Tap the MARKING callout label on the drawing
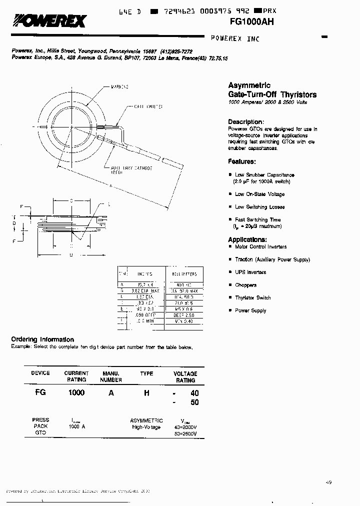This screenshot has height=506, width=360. [119, 87]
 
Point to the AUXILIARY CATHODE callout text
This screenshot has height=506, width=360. [131, 168]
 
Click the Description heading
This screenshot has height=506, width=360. [245, 122]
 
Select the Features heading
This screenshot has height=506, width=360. [242, 161]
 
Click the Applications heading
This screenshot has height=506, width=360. [247, 239]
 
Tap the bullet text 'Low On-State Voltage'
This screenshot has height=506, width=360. [259, 194]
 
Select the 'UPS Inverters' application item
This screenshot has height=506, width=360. [250, 272]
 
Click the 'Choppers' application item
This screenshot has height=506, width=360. [245, 285]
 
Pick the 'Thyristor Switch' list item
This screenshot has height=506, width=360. [252, 297]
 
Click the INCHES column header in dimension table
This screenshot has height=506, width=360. [145, 274]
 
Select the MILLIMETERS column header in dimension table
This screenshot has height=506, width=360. [184, 274]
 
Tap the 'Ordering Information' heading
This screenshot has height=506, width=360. [42, 339]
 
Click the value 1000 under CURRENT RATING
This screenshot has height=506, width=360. [76, 393]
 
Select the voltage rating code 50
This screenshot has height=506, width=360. [194, 402]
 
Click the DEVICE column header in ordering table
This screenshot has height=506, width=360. [40, 373]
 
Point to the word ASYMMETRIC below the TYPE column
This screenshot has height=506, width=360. [146, 420]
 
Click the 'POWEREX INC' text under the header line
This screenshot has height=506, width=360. [235, 38]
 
